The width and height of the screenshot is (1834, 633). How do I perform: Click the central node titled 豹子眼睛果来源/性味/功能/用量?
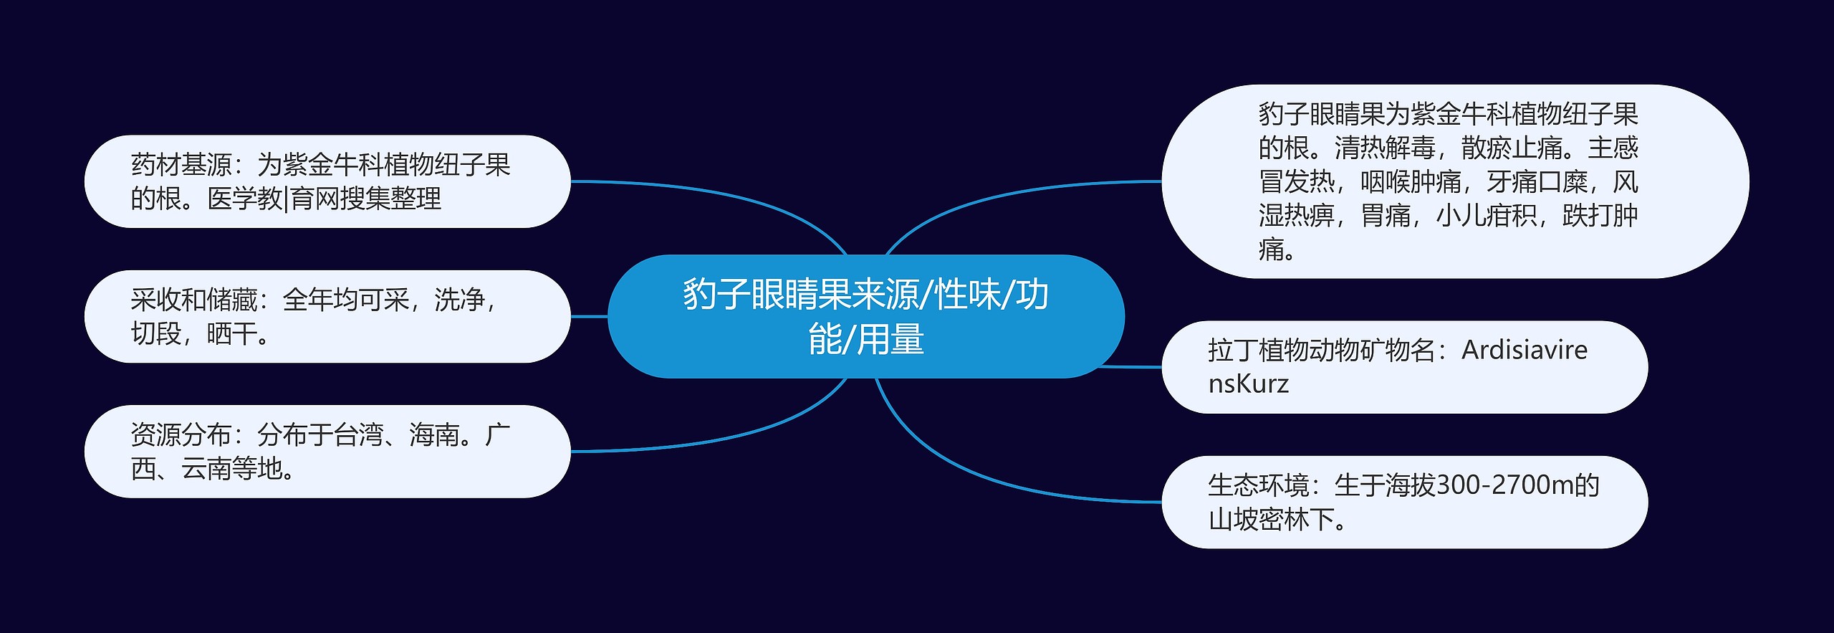(865, 316)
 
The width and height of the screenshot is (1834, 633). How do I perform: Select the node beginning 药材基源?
(327, 181)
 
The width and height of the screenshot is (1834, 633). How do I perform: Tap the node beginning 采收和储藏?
(327, 316)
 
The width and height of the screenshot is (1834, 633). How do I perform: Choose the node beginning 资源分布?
(327, 451)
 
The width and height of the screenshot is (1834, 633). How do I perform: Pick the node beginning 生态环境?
(1404, 502)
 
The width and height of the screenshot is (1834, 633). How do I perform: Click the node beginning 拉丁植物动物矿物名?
(1404, 366)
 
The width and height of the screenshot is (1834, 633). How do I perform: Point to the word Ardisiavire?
(1525, 350)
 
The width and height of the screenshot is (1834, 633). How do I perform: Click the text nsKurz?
(1248, 384)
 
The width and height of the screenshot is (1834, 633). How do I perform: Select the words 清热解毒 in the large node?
(1384, 148)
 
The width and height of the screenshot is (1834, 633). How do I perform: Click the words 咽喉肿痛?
(1410, 181)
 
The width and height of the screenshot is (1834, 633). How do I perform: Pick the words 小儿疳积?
(1487, 215)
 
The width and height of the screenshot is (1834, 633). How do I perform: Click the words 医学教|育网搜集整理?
(324, 199)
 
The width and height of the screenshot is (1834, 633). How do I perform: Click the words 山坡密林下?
(1271, 519)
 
